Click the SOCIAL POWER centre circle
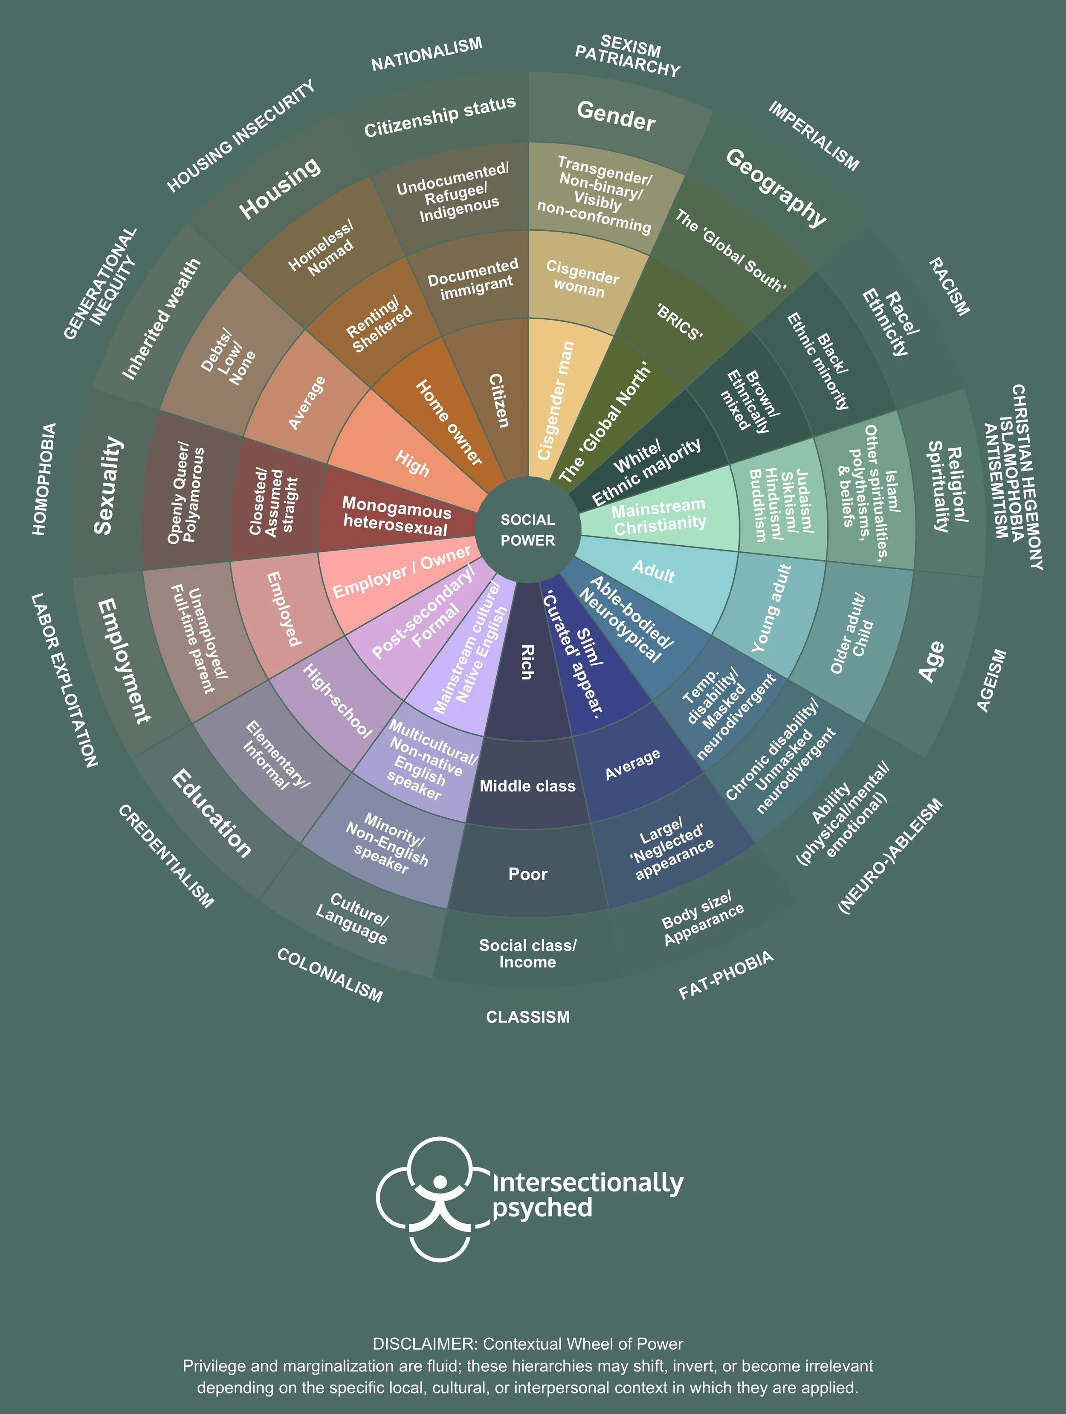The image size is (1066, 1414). pyautogui.click(x=528, y=530)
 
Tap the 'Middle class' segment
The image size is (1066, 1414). pyautogui.click(x=528, y=785)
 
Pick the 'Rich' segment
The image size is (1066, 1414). pyautogui.click(x=528, y=662)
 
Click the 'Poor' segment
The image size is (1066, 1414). pyautogui.click(x=528, y=874)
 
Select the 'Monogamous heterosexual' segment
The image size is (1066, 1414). pyautogui.click(x=396, y=516)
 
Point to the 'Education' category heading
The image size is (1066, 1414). pyautogui.click(x=211, y=812)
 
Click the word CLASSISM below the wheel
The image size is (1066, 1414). pyautogui.click(x=528, y=1017)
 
